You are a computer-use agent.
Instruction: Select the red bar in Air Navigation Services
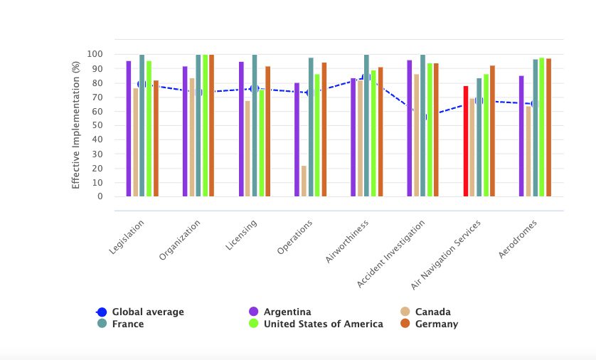coord(466,141)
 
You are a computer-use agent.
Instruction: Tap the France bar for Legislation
coord(142,125)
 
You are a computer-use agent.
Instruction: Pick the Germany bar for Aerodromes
coord(549,127)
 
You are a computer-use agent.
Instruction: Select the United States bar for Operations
coord(317,135)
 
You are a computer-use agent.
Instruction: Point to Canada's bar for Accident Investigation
coord(416,135)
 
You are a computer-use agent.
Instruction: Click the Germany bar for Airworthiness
coord(381,132)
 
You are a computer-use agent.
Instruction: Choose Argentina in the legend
coord(286,312)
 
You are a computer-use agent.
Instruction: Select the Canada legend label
coord(432,312)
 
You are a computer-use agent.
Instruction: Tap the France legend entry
coord(127,324)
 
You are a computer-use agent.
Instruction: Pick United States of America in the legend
coord(323,324)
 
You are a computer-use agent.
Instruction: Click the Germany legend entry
coord(436,324)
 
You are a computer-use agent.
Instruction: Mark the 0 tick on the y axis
coord(100,196)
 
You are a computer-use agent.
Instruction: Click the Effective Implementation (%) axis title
coord(75,125)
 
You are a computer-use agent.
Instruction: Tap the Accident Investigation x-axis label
coord(392,253)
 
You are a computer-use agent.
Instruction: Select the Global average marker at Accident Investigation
coord(423,116)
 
